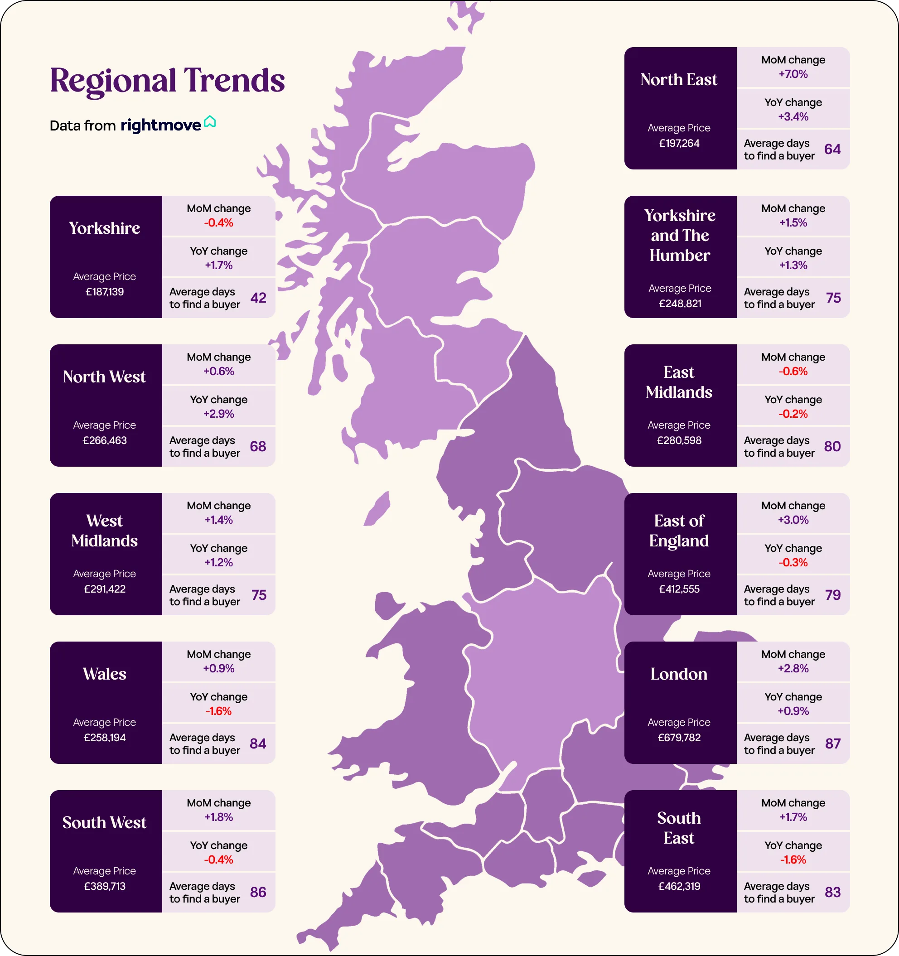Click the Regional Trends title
[x=167, y=80]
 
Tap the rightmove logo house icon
[x=210, y=122]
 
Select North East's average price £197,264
[x=679, y=143]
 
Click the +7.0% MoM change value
[x=793, y=74]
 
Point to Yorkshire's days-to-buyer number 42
[x=258, y=298]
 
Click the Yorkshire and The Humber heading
[x=679, y=236]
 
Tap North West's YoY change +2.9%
[x=218, y=414]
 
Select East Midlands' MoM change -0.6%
[x=793, y=371]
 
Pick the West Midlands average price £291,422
[x=104, y=589]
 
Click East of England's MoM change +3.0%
[x=793, y=520]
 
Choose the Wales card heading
[x=104, y=674]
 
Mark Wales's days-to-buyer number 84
[x=258, y=744]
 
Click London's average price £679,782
[x=679, y=738]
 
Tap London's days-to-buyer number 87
[x=833, y=744]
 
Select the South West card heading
[x=104, y=823]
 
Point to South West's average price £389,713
[x=104, y=886]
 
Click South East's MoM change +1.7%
[x=793, y=817]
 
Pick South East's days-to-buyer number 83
[x=833, y=893]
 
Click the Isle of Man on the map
[x=377, y=509]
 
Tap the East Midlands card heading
[x=679, y=382]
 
